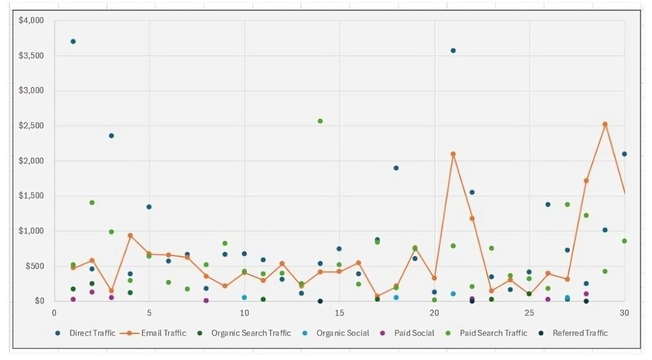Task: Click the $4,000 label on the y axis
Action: coord(31,21)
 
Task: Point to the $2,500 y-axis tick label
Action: coord(31,125)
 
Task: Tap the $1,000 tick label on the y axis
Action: coord(31,231)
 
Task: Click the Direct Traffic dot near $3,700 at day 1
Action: coord(73,41)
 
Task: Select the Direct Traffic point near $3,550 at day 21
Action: coord(453,50)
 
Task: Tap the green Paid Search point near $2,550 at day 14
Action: coord(320,121)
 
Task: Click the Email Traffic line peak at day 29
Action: coord(605,124)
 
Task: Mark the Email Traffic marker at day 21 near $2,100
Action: coord(453,154)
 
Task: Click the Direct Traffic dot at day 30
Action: coord(624,154)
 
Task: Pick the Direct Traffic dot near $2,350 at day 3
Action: coord(111,136)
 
